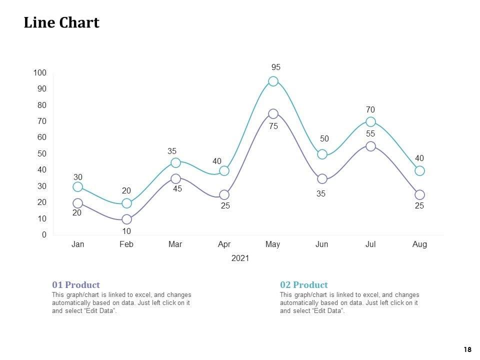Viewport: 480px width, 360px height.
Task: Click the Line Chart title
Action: (x=61, y=23)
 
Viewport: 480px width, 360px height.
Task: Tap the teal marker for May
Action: (x=273, y=81)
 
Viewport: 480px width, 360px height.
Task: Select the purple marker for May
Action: (x=273, y=114)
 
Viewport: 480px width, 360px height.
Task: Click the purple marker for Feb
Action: (x=126, y=219)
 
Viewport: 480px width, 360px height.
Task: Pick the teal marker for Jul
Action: (x=370, y=122)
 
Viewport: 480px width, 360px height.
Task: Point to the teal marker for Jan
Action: (x=77, y=186)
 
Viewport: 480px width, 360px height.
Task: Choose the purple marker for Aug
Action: (x=419, y=194)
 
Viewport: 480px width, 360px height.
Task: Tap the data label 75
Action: (x=273, y=127)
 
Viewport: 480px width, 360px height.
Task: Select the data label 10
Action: (x=126, y=231)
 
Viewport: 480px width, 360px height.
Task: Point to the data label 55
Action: (x=370, y=134)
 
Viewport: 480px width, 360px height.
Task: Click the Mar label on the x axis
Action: (x=175, y=244)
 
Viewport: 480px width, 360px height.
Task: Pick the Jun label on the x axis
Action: (x=322, y=244)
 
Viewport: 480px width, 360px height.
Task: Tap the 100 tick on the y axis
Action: (x=40, y=73)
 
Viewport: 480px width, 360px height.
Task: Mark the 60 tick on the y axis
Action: (x=41, y=137)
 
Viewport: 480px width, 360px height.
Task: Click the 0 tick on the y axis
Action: (x=44, y=235)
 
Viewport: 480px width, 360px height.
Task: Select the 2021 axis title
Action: (x=240, y=258)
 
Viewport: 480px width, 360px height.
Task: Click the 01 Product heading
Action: (x=76, y=285)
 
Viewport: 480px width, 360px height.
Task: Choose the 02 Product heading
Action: (x=304, y=285)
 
